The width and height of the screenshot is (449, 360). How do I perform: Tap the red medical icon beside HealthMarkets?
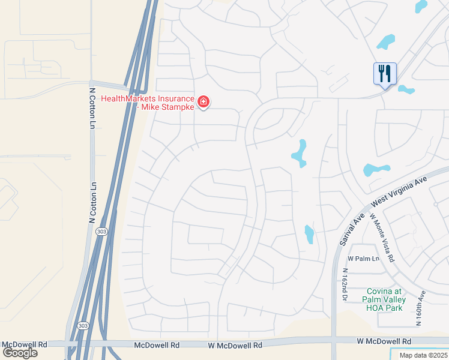[x=203, y=103]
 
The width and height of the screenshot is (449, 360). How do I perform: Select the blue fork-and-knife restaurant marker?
[x=385, y=74]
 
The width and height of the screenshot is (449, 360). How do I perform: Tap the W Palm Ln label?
[x=364, y=259]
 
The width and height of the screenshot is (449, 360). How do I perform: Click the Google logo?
[x=19, y=353]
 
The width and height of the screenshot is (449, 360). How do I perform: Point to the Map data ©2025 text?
[x=424, y=355]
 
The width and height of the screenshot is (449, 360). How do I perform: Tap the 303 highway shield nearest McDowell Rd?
[x=82, y=325]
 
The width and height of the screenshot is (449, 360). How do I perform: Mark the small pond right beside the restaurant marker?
[x=406, y=90]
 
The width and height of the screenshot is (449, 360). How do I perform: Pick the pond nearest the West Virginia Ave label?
[x=376, y=170]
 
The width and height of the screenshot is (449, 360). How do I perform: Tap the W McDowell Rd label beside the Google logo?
[x=25, y=345]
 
